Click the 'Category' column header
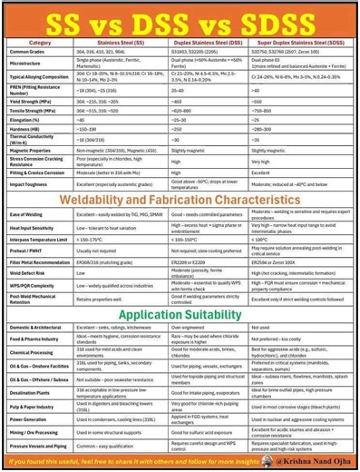pyautogui.click(x=40, y=42)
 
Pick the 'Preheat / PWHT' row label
pyautogui.click(x=28, y=250)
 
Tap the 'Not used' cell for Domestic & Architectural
pyautogui.click(x=261, y=326)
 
